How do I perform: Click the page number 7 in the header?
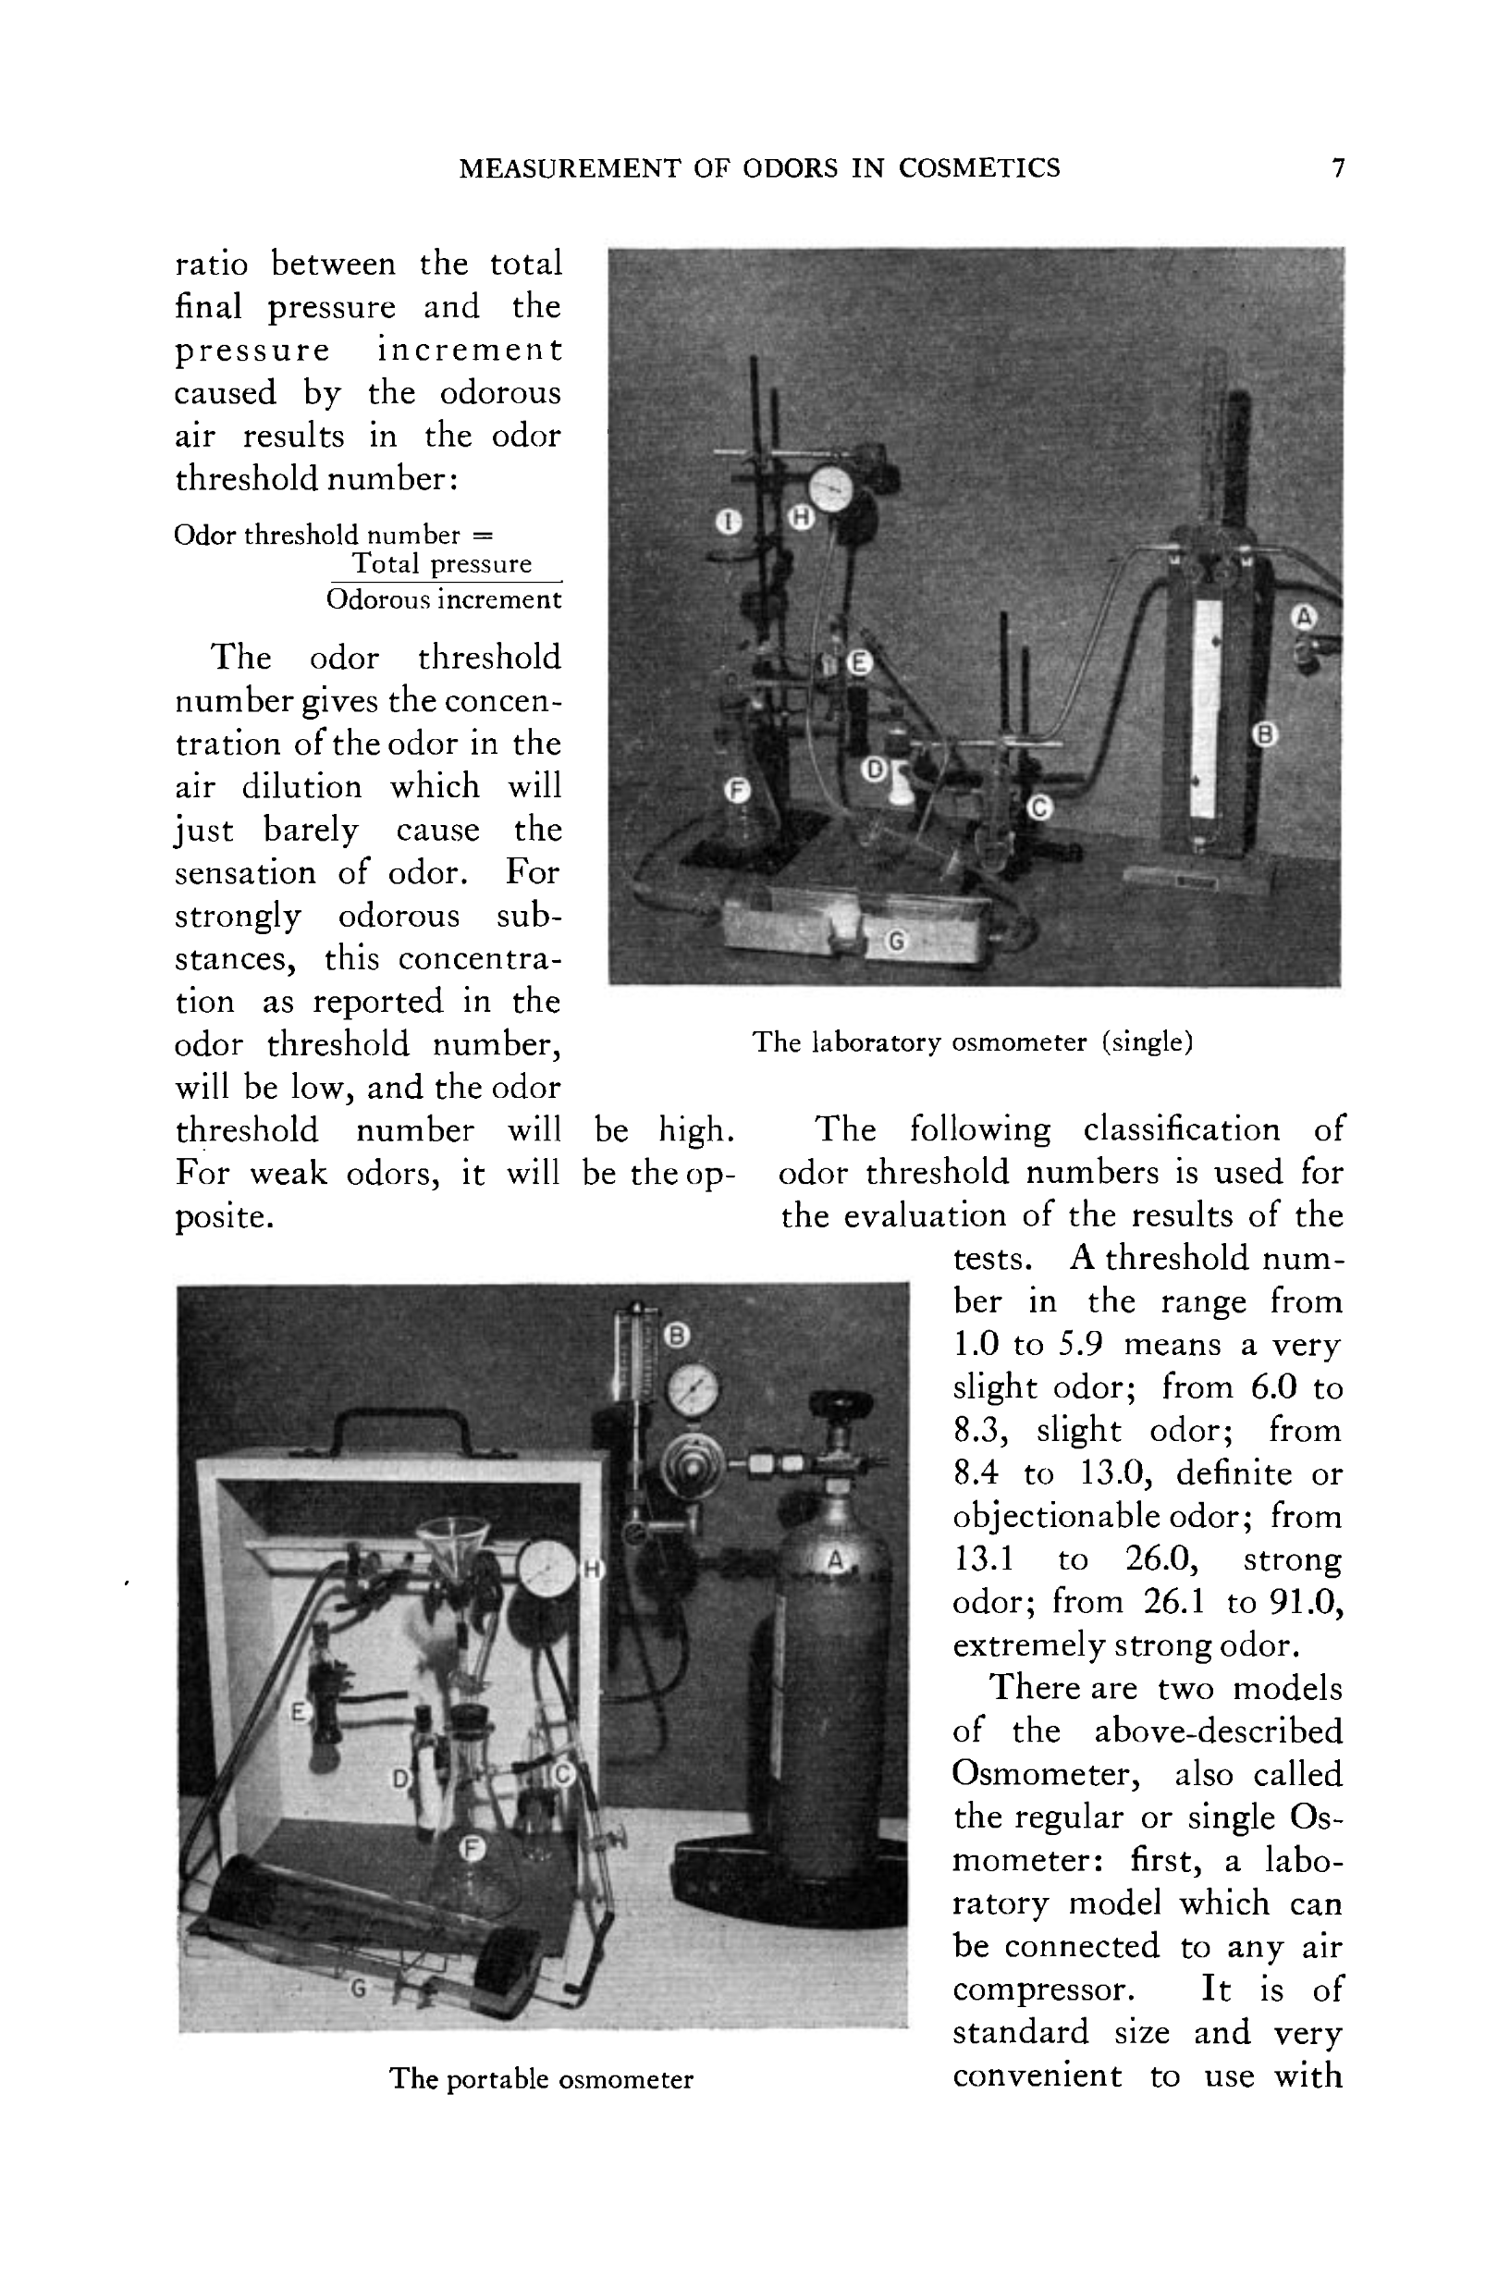click(x=1337, y=168)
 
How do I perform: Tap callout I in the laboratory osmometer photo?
click(x=730, y=522)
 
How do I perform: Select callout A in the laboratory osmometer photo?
click(x=1304, y=617)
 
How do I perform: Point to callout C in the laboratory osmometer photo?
click(x=1039, y=808)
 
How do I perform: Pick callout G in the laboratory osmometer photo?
click(x=896, y=942)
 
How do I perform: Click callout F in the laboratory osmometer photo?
click(x=736, y=790)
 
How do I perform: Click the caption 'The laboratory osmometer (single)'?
click(x=972, y=1041)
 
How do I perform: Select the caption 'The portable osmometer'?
click(x=541, y=2079)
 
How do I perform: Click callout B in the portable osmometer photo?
click(x=677, y=1335)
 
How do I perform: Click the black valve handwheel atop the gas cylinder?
click(x=841, y=1405)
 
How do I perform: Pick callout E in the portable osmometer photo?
click(x=299, y=1711)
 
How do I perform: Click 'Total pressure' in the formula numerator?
click(x=441, y=563)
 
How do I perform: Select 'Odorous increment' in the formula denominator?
click(x=443, y=599)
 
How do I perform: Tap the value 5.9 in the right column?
click(x=1081, y=1345)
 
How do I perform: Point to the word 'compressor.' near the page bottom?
click(x=1043, y=1990)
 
